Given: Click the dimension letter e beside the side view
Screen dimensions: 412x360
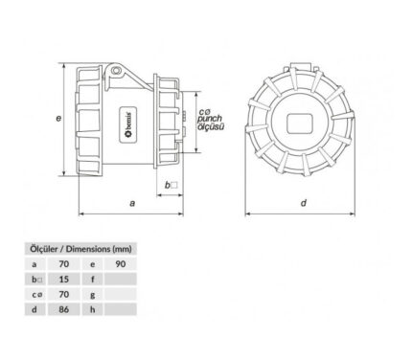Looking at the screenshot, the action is pyautogui.click(x=58, y=118).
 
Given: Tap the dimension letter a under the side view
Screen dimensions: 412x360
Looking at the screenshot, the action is pyautogui.click(x=132, y=203).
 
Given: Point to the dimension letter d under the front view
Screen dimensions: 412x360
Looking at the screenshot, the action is pyautogui.click(x=304, y=203).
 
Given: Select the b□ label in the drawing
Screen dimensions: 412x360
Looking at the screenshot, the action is pyautogui.click(x=171, y=185).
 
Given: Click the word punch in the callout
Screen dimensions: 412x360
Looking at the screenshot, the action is pyautogui.click(x=210, y=120).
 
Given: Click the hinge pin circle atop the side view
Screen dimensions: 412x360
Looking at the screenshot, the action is pyautogui.click(x=116, y=70).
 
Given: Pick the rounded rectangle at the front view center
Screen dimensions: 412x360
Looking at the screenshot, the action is pyautogui.click(x=300, y=124).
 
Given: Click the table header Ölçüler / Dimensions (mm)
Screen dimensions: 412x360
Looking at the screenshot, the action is pyautogui.click(x=80, y=249).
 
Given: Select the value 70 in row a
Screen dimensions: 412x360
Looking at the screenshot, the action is pyautogui.click(x=64, y=264).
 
